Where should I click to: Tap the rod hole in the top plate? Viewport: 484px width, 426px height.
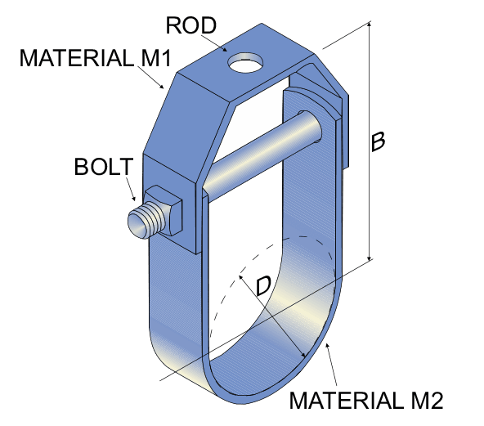(x=247, y=61)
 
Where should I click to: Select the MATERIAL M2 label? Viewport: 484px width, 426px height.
(x=366, y=400)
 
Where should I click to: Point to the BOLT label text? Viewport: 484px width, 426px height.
(x=102, y=167)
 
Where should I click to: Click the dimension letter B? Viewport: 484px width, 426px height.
(x=378, y=141)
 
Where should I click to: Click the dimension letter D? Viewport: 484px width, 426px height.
(x=262, y=286)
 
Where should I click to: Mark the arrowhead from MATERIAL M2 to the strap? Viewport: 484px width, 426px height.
(x=327, y=346)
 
